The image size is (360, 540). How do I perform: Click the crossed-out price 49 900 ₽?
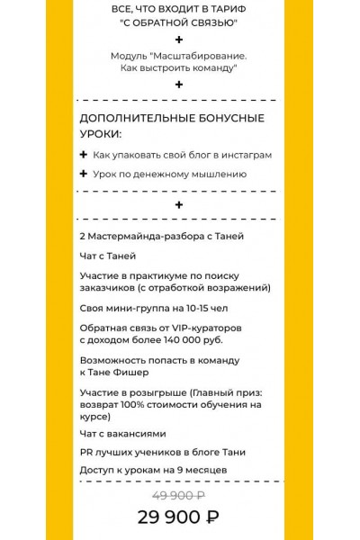coord(178,496)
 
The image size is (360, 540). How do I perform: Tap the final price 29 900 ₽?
coord(178,517)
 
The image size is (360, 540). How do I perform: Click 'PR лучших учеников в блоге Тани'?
coord(162,451)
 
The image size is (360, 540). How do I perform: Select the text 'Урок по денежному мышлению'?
coord(169,174)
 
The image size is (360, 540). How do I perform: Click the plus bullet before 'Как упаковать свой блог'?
coord(84,154)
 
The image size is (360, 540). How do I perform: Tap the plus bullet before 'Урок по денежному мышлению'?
coord(84,174)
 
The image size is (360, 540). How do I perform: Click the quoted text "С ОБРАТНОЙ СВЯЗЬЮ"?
coord(178,22)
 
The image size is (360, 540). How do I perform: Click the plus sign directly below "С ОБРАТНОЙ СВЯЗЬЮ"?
coord(179,40)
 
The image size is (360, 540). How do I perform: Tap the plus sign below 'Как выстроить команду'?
coord(179,85)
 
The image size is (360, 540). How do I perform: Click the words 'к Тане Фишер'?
coord(114,372)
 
